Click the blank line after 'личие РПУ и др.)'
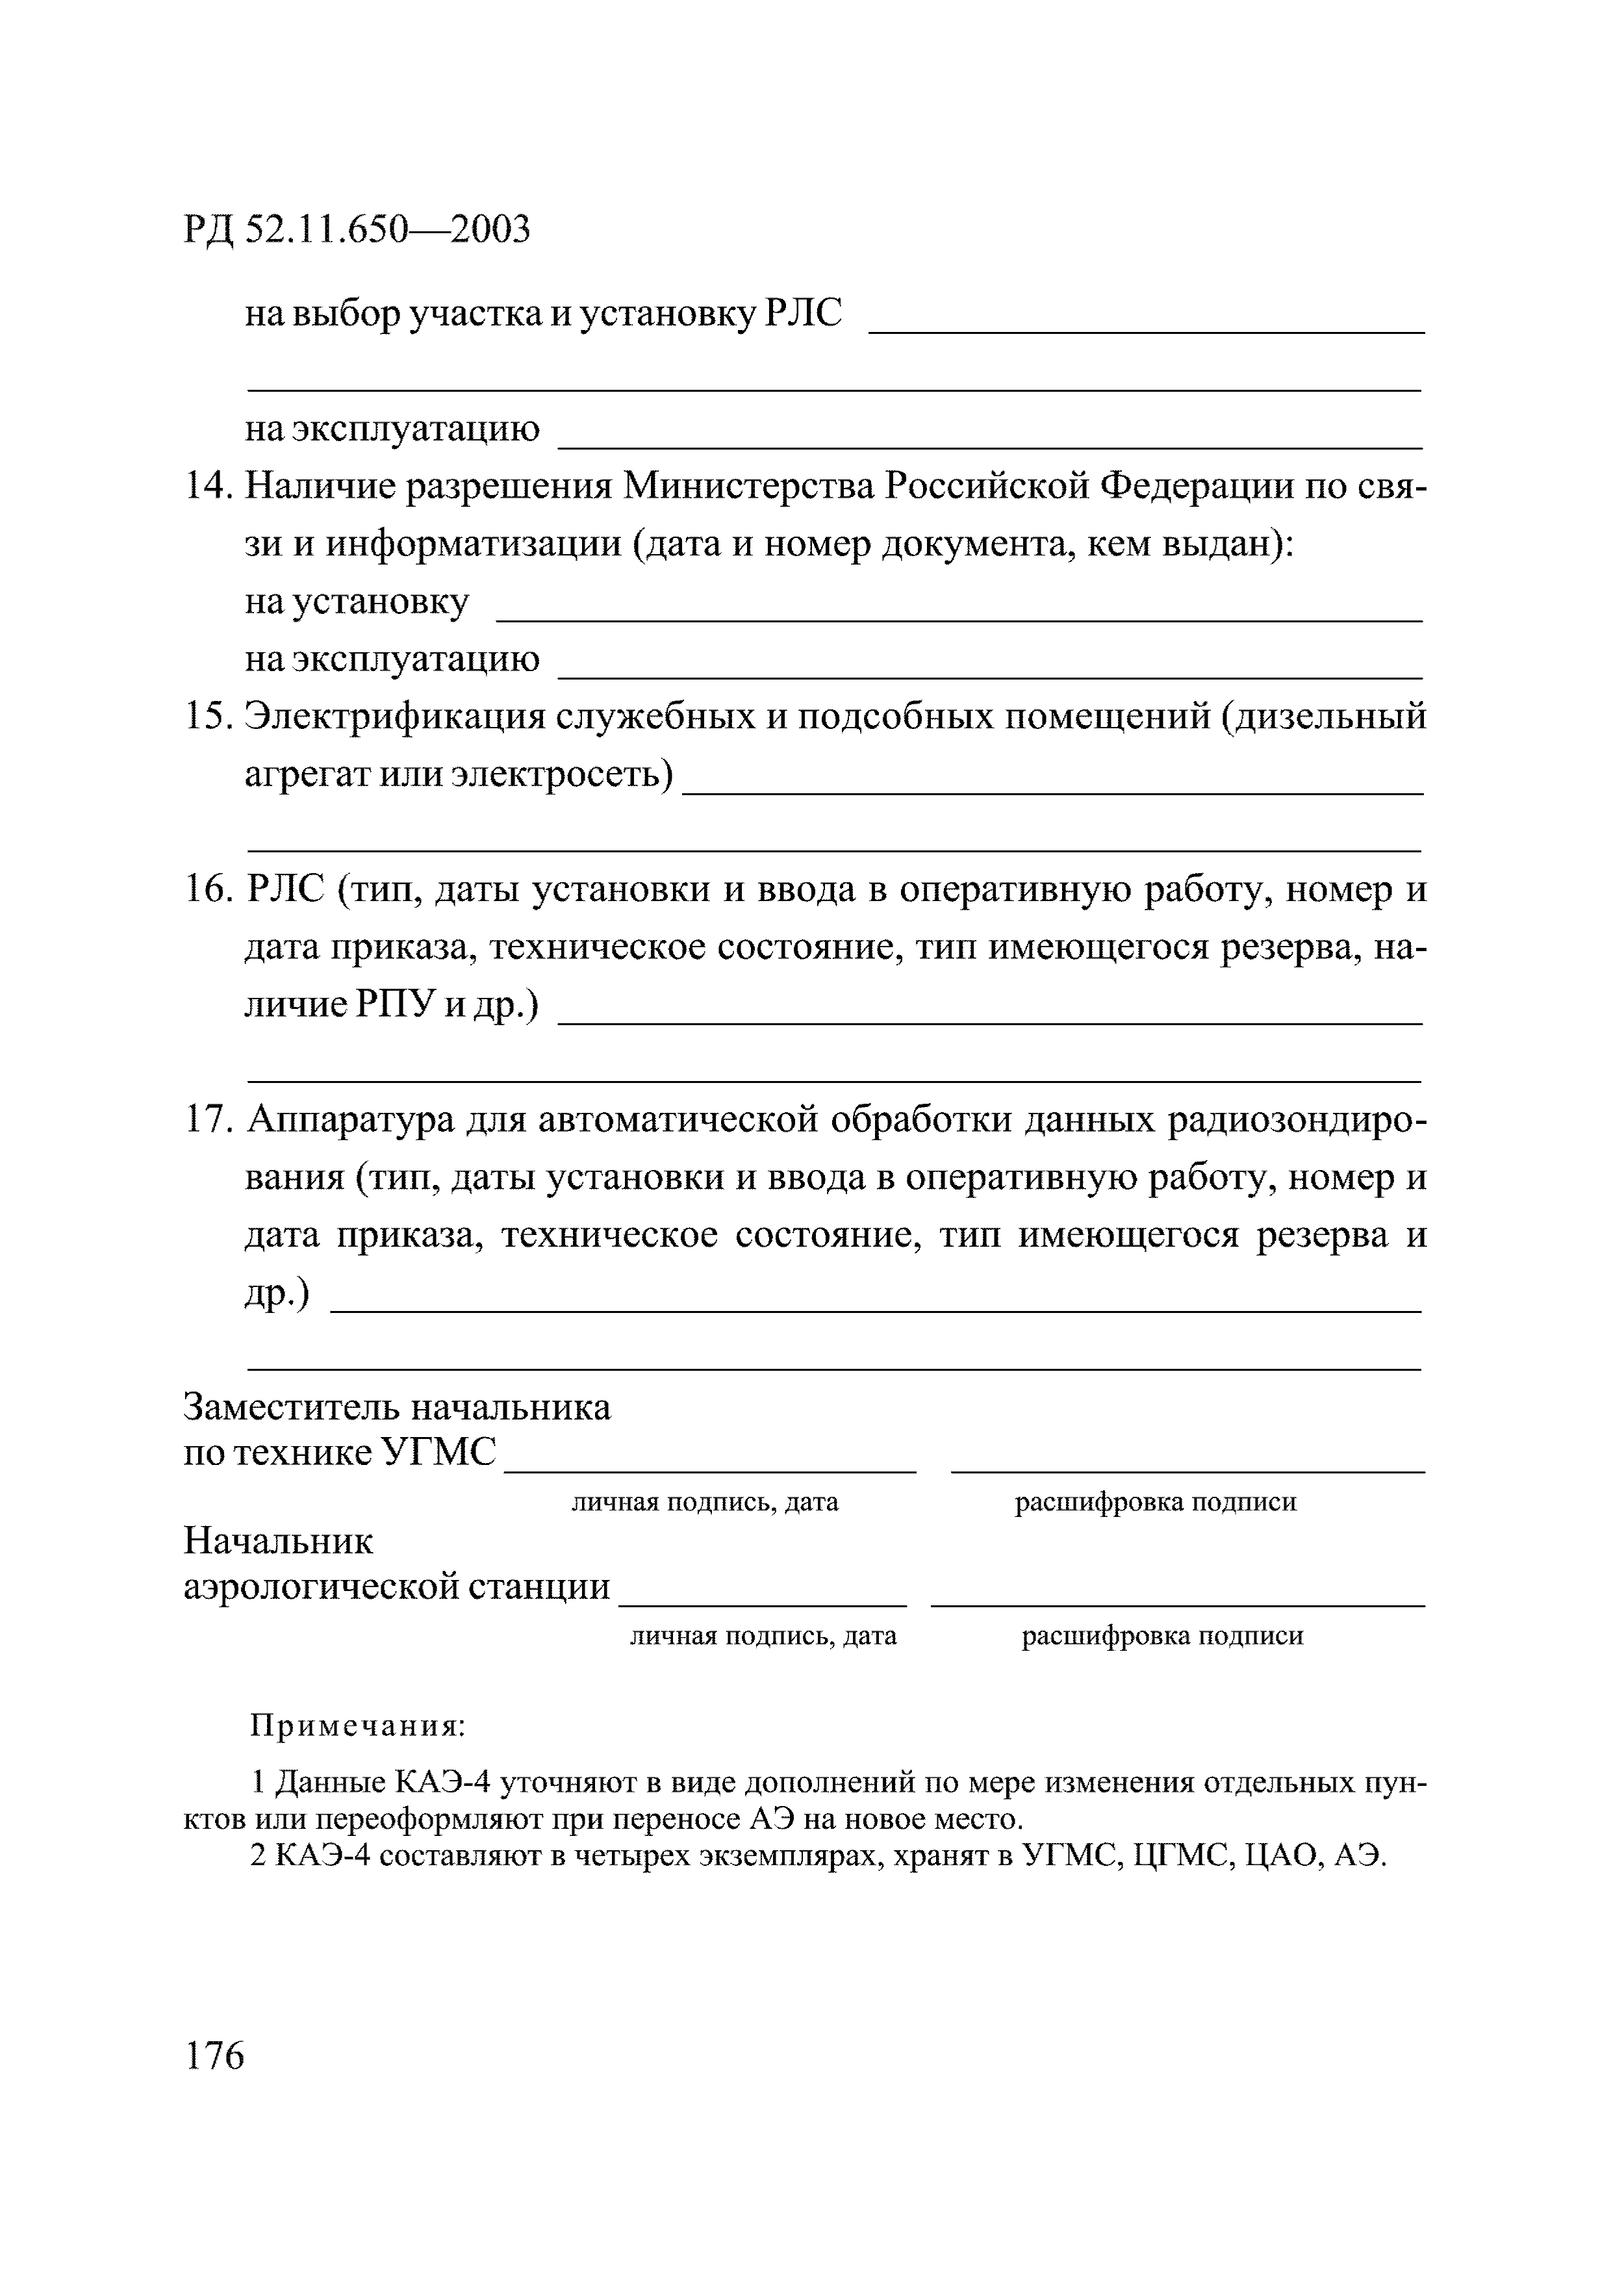(x=989, y=1021)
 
